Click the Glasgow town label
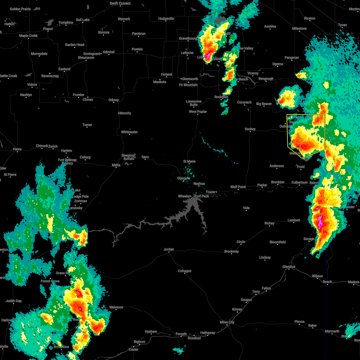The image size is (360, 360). click(183, 178)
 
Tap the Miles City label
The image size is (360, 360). click(227, 322)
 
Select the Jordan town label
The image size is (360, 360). click(169, 249)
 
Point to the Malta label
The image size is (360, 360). click(116, 165)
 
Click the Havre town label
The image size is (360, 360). click(17, 149)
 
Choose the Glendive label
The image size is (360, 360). click(289, 267)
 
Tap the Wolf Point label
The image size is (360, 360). click(238, 187)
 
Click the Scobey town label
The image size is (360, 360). click(250, 129)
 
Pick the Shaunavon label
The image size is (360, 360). click(86, 58)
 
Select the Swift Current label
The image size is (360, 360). click(120, 3)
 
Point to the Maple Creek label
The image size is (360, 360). click(28, 36)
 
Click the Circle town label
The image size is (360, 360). click(241, 242)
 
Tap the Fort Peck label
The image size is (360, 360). click(202, 196)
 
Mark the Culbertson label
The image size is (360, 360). click(299, 182)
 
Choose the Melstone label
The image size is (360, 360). click(116, 307)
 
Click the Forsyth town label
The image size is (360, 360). click(181, 334)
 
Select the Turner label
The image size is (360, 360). click(87, 125)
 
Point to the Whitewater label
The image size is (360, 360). click(130, 132)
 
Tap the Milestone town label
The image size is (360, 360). click(299, 28)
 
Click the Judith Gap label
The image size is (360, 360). click(14, 301)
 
